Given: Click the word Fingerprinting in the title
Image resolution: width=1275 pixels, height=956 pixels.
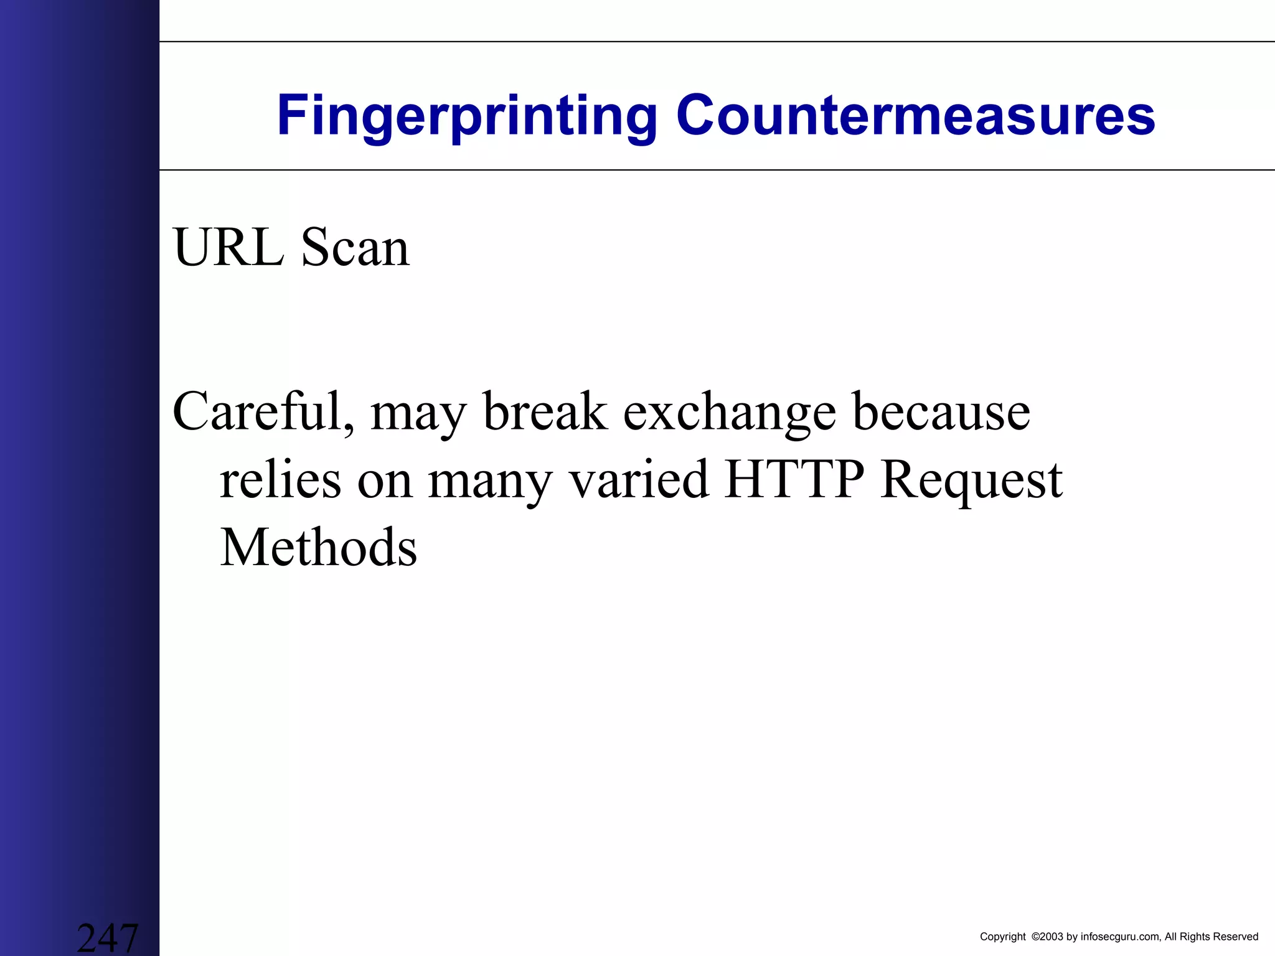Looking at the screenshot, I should pyautogui.click(x=467, y=116).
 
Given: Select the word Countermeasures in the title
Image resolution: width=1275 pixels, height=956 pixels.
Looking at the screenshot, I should pyautogui.click(x=915, y=115).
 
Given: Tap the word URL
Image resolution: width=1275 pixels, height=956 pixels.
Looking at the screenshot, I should pyautogui.click(x=228, y=248).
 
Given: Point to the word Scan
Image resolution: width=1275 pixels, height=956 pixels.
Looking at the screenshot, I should pyautogui.click(x=355, y=248).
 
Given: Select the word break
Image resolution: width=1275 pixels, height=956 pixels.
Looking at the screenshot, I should pyautogui.click(x=545, y=411).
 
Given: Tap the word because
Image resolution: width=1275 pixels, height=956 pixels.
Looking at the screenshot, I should pyautogui.click(x=941, y=411).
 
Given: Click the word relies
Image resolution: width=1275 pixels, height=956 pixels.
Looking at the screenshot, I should pyautogui.click(x=280, y=480).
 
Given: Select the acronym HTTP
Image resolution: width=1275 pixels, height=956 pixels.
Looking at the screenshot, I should pyautogui.click(x=794, y=480).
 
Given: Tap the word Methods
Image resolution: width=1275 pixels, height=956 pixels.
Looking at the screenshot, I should pyautogui.click(x=318, y=548).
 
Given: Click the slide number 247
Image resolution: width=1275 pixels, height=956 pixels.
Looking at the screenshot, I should pyautogui.click(x=107, y=937).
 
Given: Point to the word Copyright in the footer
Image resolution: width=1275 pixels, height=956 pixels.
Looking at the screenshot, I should pyautogui.click(x=1002, y=937).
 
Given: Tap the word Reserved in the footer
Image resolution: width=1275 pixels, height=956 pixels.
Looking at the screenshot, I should pyautogui.click(x=1235, y=937).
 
